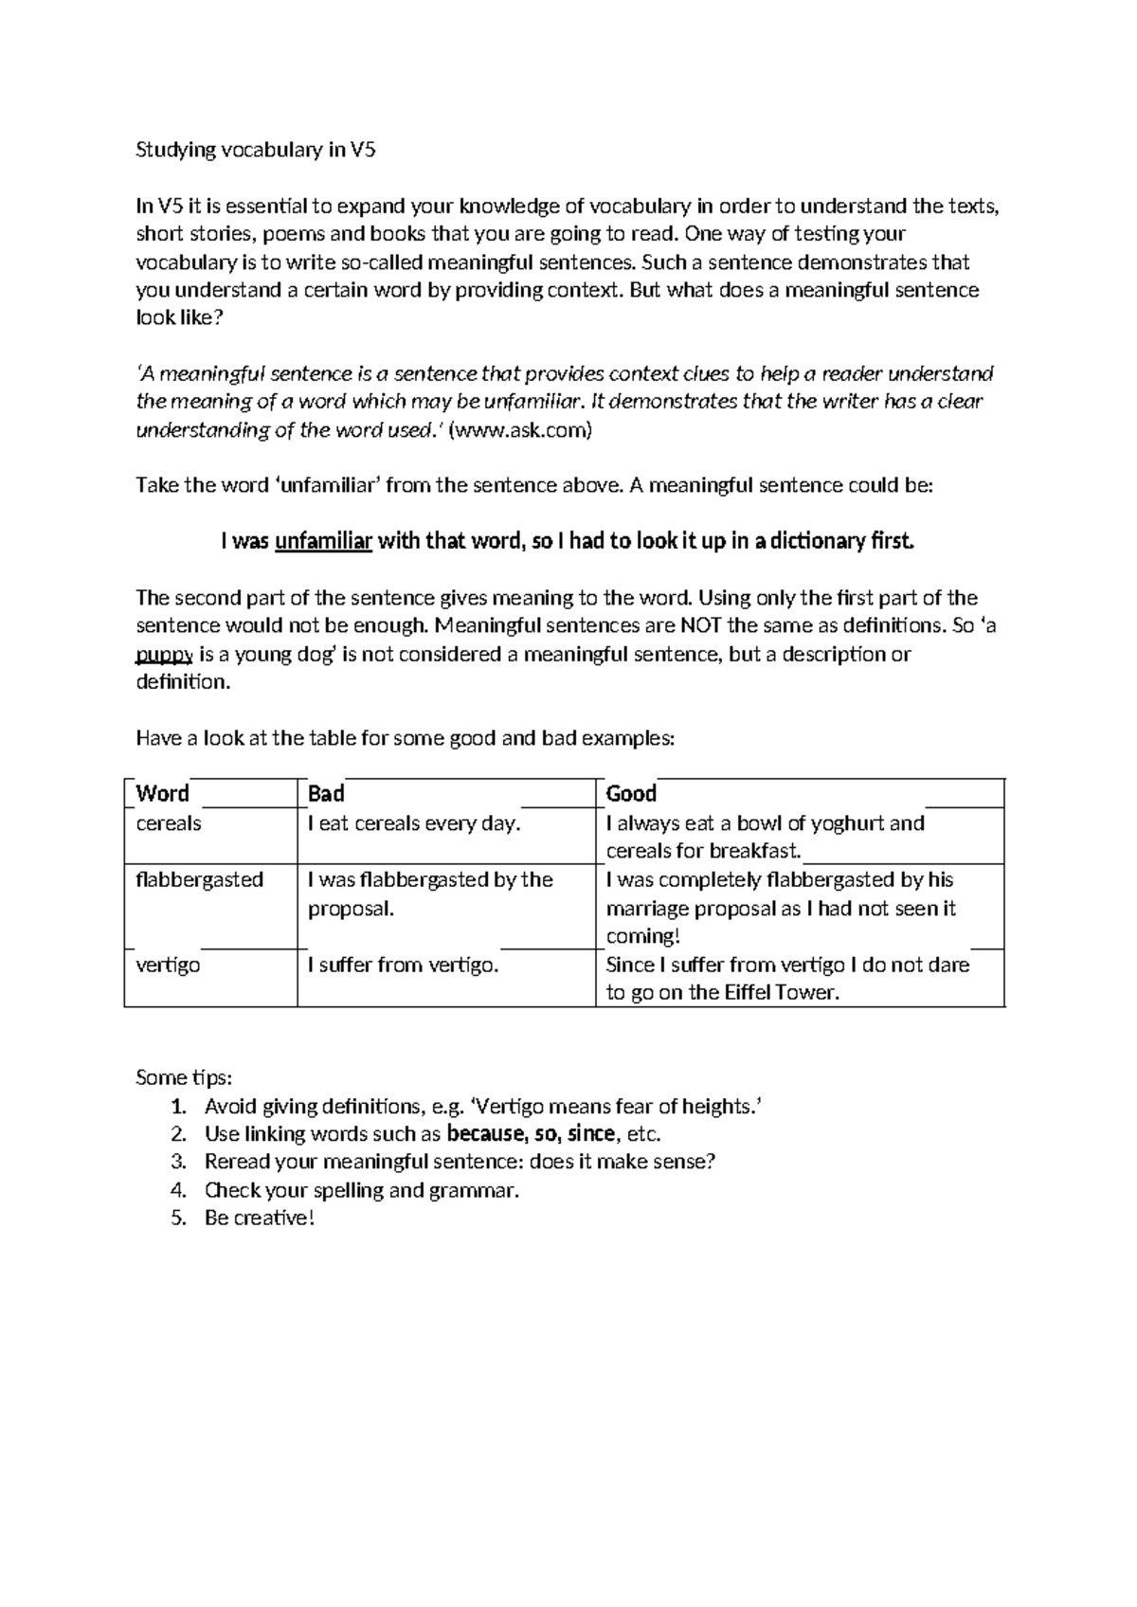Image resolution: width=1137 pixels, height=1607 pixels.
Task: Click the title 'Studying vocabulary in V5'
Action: coord(256,150)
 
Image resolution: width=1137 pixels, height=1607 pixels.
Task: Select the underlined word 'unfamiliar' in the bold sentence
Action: coord(323,542)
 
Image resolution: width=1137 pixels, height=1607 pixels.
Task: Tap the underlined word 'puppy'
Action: coord(165,654)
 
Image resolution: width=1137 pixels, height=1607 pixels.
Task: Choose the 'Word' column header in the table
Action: coord(162,794)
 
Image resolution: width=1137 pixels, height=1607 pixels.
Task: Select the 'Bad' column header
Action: coord(326,794)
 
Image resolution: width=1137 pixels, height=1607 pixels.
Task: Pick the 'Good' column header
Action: coord(631,794)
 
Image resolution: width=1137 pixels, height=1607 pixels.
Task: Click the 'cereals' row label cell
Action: coord(169,823)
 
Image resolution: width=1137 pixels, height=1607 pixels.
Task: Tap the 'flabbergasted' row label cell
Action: coord(199,879)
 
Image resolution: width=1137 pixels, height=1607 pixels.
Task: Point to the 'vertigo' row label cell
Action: coord(168,966)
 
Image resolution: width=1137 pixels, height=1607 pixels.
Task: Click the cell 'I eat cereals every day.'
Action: coord(414,823)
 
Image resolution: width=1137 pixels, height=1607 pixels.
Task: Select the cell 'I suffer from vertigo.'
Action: coord(403,966)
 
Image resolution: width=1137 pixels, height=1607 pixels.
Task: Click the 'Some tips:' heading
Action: coord(184,1078)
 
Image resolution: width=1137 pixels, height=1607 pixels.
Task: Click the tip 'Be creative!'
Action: coord(259,1219)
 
